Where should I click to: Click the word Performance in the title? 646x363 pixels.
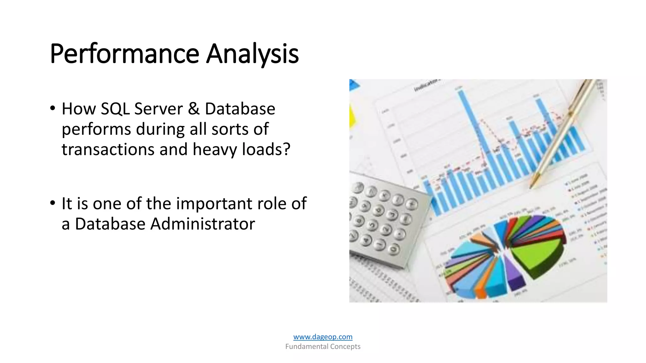pos(124,54)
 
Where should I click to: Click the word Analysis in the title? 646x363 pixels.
pos(252,54)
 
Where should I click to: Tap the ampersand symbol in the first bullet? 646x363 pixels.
pos(193,109)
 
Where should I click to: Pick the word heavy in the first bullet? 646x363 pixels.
pos(214,150)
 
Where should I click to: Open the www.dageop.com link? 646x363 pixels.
pos(323,337)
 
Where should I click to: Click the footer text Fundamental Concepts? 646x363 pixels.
pos(323,347)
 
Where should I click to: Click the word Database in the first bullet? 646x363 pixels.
pos(240,109)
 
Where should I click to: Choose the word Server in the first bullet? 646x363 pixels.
pos(159,109)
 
